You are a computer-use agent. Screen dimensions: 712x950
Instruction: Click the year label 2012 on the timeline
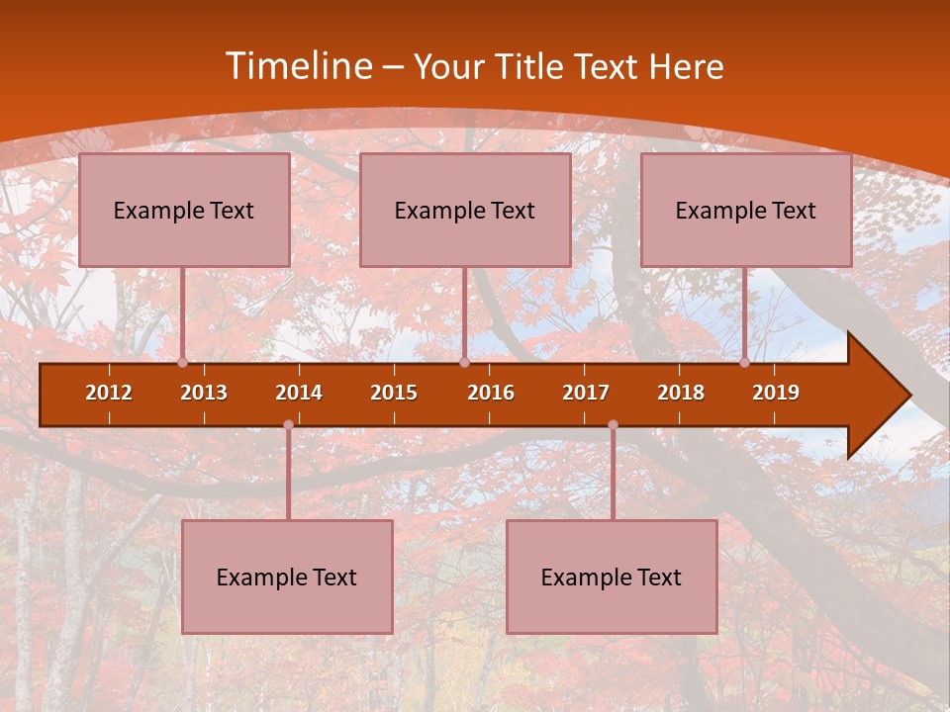[109, 393]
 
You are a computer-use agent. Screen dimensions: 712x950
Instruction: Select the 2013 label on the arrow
[204, 393]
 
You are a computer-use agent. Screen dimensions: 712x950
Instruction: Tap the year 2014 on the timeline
[299, 393]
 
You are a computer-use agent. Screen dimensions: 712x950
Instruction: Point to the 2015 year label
[394, 393]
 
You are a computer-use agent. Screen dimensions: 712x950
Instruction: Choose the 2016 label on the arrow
[491, 393]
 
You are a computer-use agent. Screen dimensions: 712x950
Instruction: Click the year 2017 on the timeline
[586, 393]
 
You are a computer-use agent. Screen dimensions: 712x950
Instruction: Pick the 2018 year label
[681, 393]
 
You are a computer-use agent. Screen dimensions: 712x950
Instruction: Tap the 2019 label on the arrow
[776, 393]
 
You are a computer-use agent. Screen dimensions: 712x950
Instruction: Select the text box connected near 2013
[184, 210]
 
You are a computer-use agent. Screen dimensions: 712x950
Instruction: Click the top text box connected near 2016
[465, 210]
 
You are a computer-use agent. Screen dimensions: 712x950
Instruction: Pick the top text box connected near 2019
[746, 210]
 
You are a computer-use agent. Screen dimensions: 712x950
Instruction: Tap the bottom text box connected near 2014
[287, 577]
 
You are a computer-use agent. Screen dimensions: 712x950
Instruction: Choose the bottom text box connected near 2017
[612, 577]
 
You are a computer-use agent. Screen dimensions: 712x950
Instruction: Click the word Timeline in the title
[298, 66]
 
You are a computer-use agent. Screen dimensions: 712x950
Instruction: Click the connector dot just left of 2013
[182, 363]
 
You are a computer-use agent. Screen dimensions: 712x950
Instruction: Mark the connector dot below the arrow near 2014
[288, 425]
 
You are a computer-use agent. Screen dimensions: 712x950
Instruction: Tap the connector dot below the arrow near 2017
[613, 425]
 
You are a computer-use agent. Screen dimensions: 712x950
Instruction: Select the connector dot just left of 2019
[744, 363]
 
